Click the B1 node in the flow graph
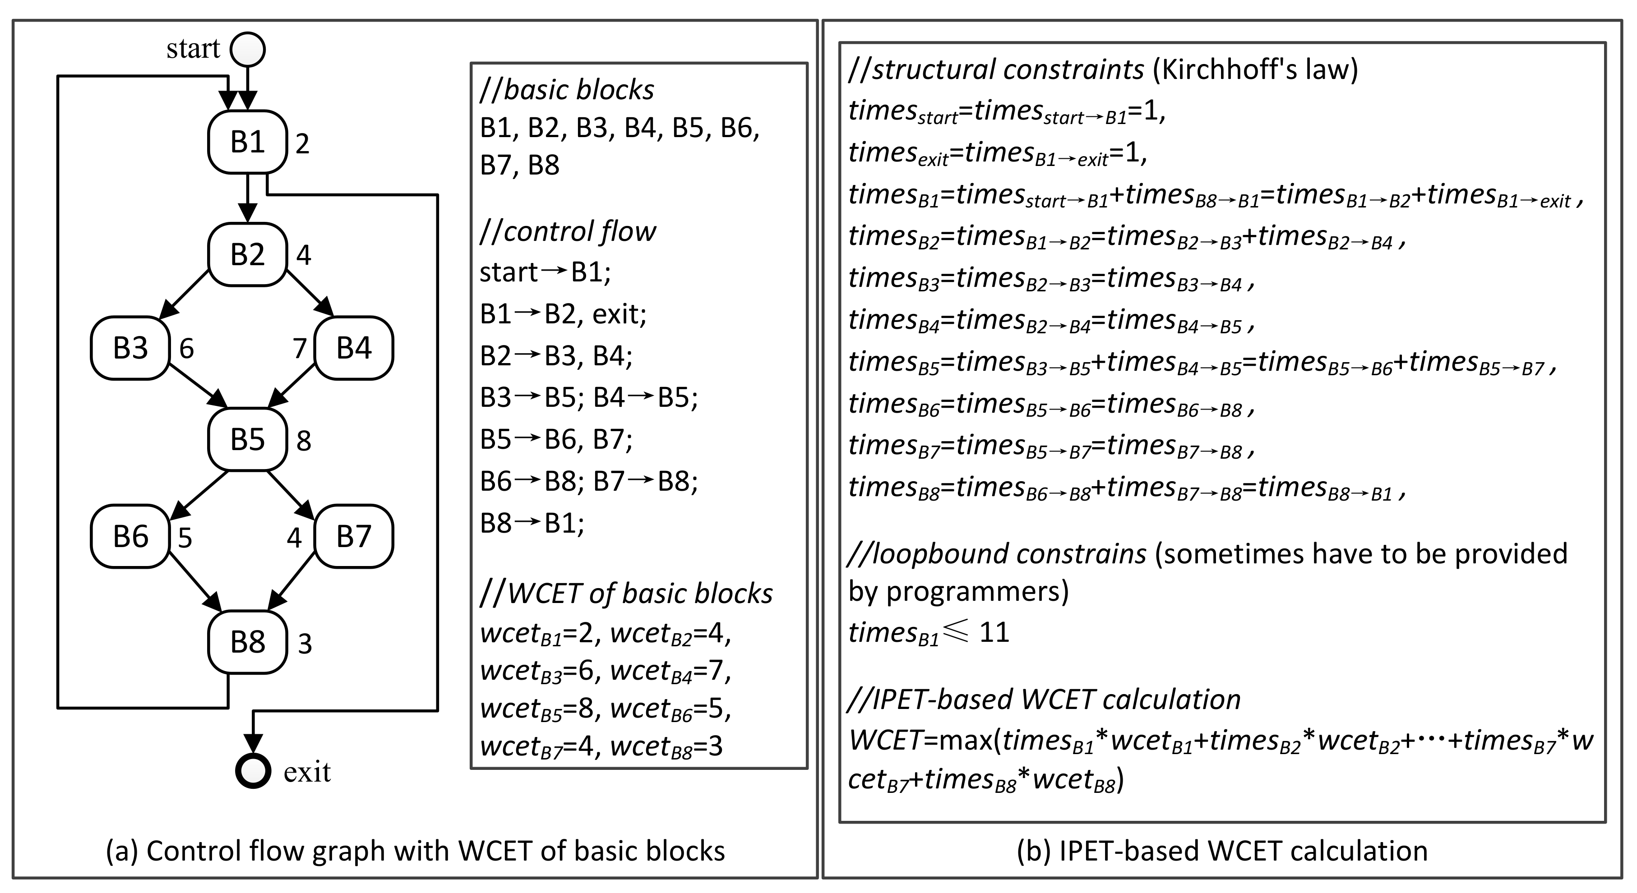[247, 142]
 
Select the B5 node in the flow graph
[247, 439]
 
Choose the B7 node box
[353, 537]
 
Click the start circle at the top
[247, 49]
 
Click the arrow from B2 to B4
[310, 294]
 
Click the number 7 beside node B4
[299, 349]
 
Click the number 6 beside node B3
[186, 349]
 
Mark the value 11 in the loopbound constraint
[994, 633]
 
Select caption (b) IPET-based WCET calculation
[1221, 851]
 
